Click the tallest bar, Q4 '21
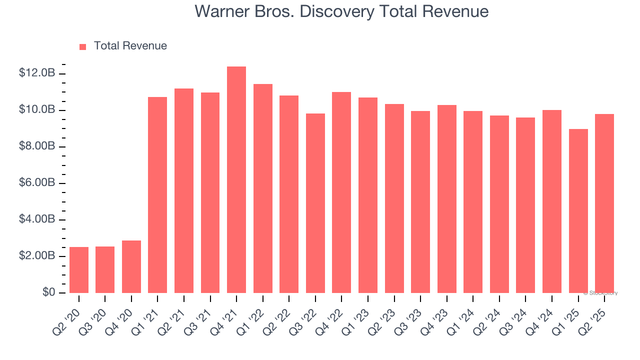click(236, 180)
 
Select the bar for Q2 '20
click(79, 270)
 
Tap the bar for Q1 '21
click(157, 195)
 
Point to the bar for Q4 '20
click(131, 266)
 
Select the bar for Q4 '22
click(341, 192)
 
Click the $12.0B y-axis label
click(37, 73)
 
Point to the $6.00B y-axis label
click(37, 183)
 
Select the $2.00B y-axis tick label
click(37, 256)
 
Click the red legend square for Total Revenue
click(83, 46)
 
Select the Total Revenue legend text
click(130, 46)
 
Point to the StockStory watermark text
click(601, 293)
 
